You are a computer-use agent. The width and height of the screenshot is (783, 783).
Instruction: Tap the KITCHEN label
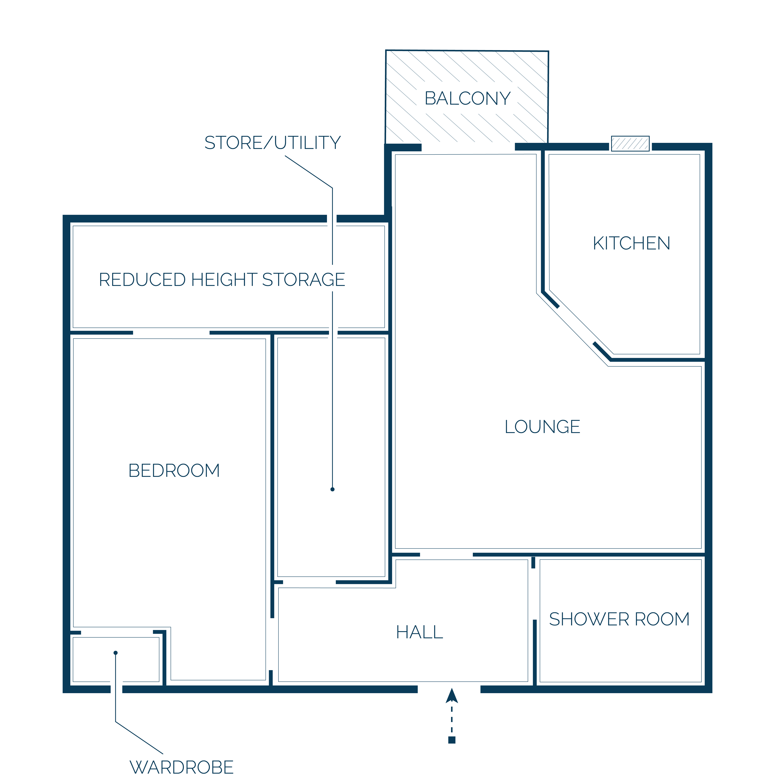[631, 244]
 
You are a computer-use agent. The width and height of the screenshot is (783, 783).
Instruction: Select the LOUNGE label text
[542, 427]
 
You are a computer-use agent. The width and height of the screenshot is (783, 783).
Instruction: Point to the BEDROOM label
[174, 471]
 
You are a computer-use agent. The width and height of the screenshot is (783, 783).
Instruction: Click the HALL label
[419, 632]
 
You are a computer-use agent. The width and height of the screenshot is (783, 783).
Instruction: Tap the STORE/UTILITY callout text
[272, 143]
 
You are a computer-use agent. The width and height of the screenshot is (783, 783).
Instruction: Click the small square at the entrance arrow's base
[452, 740]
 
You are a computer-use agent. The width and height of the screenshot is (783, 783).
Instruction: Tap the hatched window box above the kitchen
[630, 143]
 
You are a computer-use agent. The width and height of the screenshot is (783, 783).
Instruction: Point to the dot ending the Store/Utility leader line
[332, 489]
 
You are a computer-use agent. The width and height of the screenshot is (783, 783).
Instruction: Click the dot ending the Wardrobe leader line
[115, 652]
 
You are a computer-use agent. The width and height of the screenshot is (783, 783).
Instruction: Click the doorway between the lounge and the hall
[446, 554]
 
